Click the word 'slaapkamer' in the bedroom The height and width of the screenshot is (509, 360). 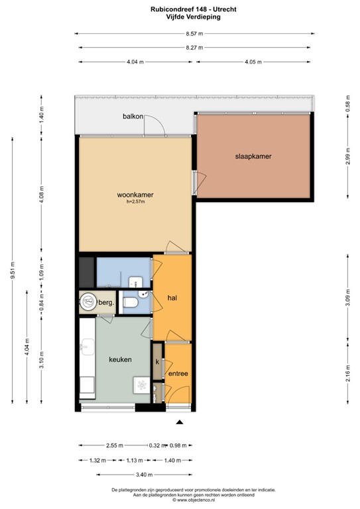coord(253,156)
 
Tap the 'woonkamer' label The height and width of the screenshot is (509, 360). coord(135,195)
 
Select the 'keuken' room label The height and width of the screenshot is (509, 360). coord(120,359)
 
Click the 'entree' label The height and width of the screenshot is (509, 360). coord(178,374)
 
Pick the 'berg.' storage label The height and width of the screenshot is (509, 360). coord(107,303)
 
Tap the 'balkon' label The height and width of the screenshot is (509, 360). coord(133,117)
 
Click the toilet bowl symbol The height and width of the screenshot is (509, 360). coord(131,302)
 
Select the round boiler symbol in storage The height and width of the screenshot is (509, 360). coord(88,302)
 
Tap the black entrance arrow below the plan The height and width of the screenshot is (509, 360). coord(178,422)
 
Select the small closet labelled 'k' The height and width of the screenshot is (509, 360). coord(157,362)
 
